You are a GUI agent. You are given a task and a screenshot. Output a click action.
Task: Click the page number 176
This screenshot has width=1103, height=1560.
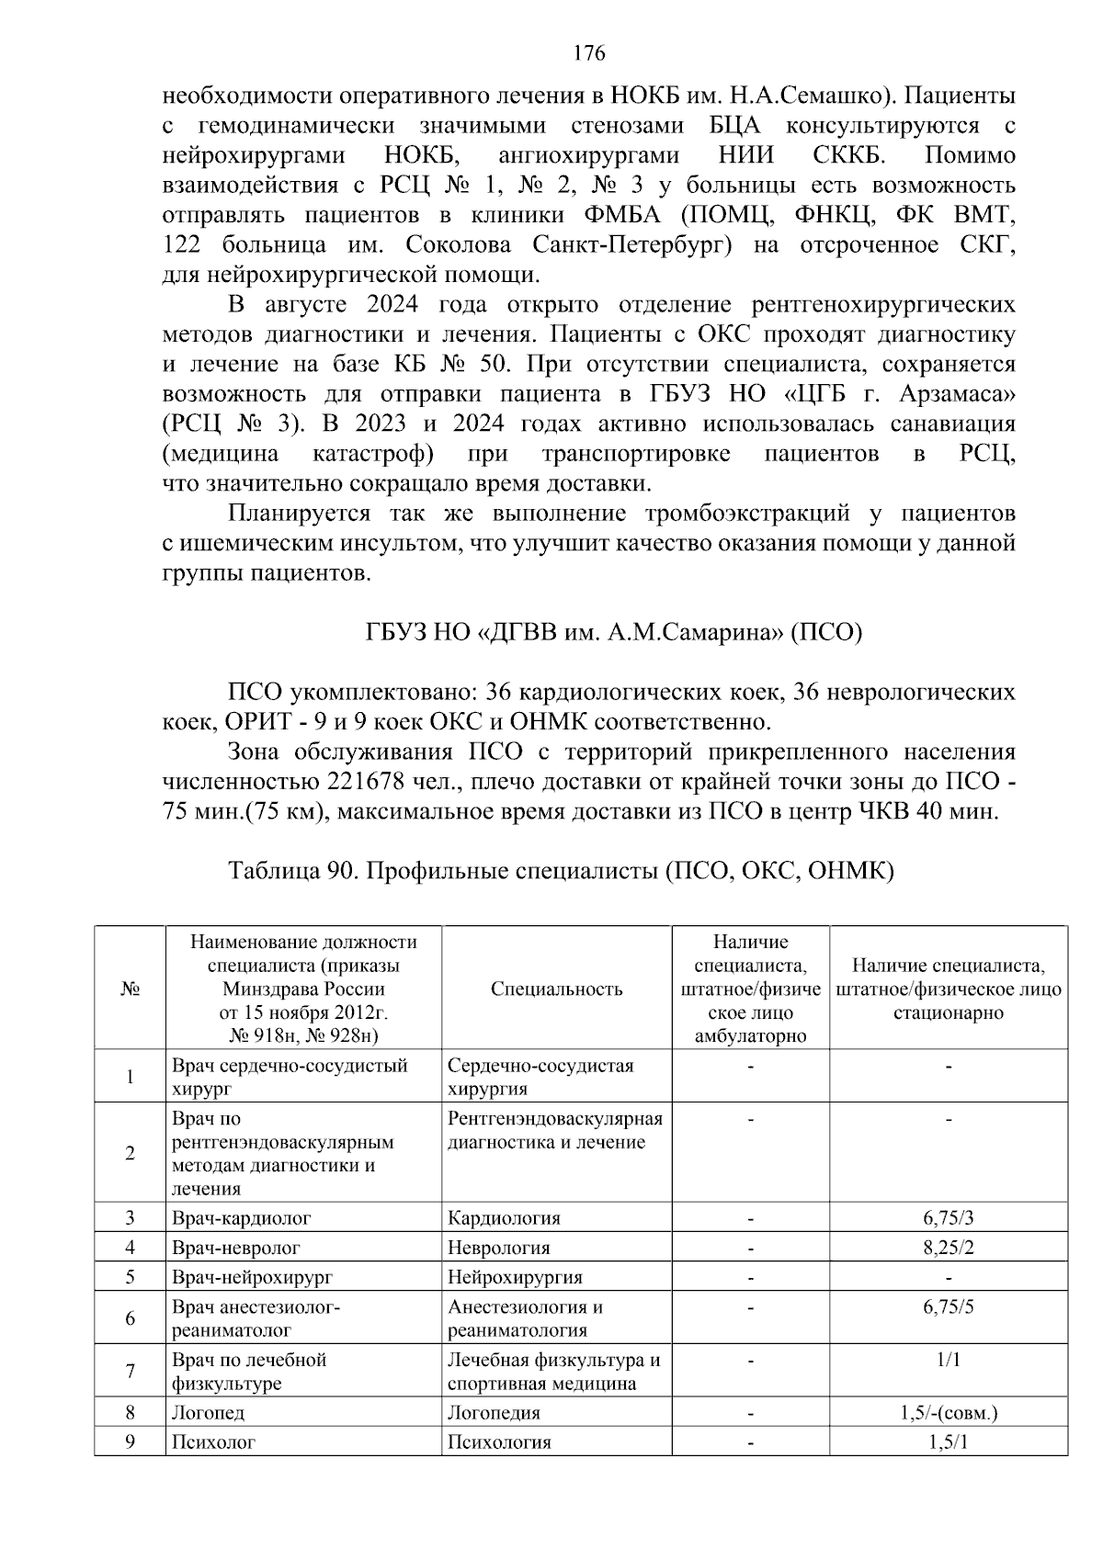pos(588,53)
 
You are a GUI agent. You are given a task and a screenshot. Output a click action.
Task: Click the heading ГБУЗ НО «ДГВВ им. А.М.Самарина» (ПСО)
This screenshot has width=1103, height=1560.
pos(608,633)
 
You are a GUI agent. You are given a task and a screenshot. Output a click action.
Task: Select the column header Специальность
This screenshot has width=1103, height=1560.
pos(556,989)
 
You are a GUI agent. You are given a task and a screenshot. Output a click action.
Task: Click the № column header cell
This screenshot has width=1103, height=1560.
pos(130,989)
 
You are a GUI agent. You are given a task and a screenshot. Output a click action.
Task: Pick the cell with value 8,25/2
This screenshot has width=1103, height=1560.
pos(948,1248)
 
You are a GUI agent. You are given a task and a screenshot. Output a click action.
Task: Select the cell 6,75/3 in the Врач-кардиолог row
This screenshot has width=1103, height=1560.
pos(948,1218)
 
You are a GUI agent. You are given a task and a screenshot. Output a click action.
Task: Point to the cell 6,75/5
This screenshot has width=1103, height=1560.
pos(948,1306)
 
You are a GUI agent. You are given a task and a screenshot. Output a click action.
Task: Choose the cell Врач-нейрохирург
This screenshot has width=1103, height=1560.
pos(252,1277)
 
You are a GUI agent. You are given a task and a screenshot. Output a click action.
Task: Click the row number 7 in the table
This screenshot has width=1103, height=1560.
pos(130,1372)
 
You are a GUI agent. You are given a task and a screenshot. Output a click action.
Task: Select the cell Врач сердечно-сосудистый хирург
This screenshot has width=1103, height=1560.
pos(290,1077)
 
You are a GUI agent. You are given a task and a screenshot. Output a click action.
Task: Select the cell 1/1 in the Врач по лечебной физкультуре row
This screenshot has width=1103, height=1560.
pos(948,1360)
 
